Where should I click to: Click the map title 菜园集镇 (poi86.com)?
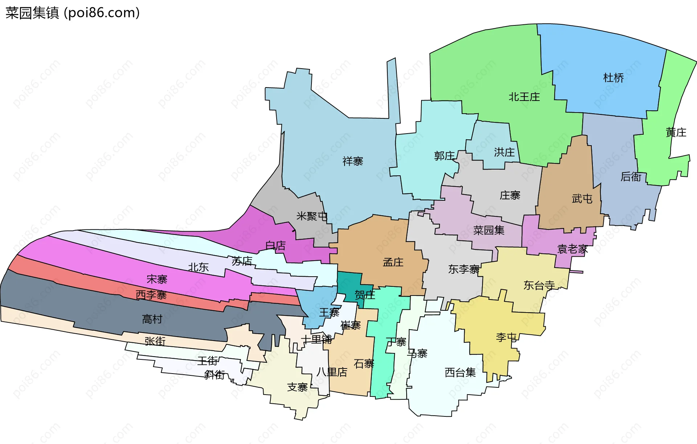click(73, 13)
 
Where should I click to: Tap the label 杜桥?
click(614, 78)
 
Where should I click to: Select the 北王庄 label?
click(524, 97)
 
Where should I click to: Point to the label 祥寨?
click(352, 161)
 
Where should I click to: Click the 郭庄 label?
click(444, 156)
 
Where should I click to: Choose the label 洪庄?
click(504, 152)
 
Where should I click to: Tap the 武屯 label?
click(582, 199)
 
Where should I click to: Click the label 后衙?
click(631, 176)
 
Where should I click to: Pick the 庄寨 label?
click(510, 195)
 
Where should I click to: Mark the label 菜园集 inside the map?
click(489, 230)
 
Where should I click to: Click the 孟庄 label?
click(393, 262)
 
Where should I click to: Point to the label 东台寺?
click(539, 285)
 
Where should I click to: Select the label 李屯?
click(506, 337)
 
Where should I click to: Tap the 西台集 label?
click(460, 372)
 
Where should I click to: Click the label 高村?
click(152, 319)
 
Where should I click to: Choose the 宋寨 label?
click(157, 279)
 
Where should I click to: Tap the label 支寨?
click(297, 387)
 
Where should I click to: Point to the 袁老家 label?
click(572, 249)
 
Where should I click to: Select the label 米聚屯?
click(312, 216)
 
